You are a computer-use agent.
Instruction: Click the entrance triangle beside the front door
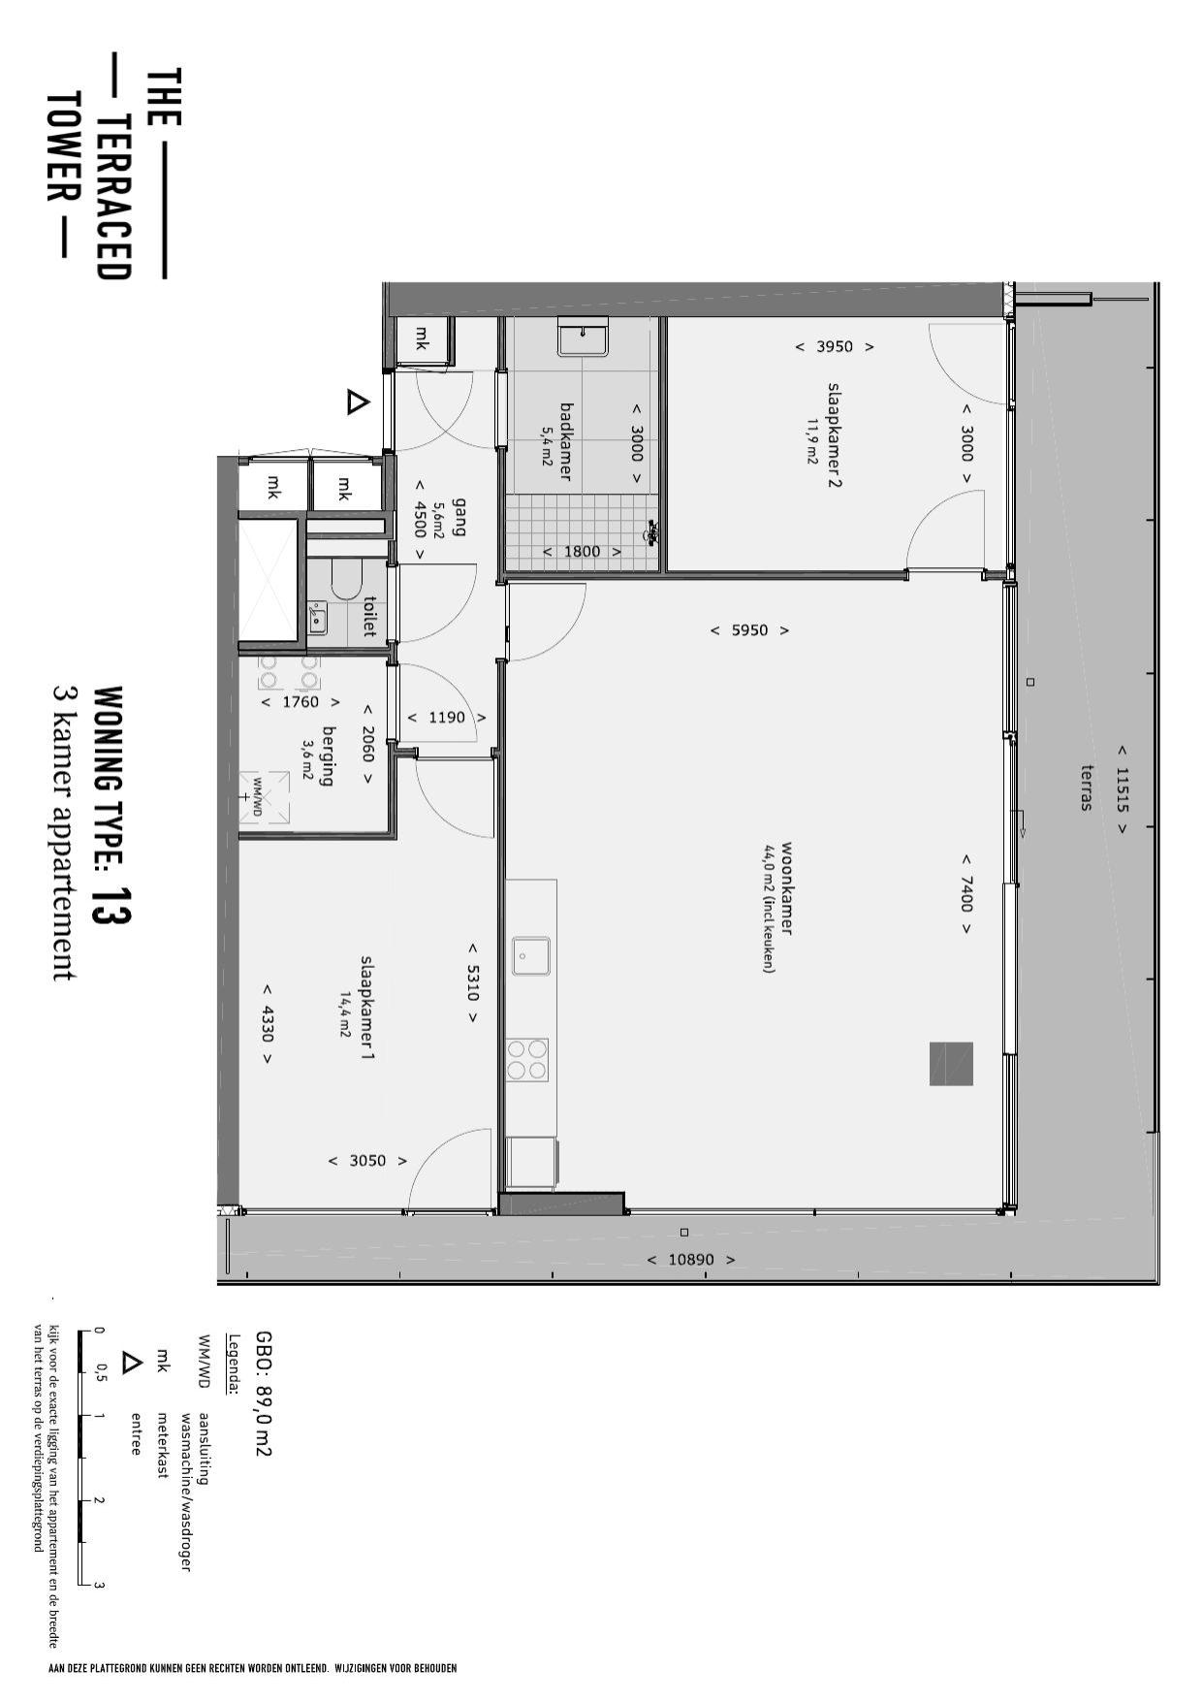click(x=358, y=402)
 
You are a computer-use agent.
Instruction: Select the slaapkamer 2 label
click(x=834, y=434)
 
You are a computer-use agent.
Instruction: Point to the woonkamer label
click(x=786, y=887)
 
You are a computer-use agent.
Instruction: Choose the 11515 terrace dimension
click(x=1123, y=789)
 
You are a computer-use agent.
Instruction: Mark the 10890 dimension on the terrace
click(x=691, y=1260)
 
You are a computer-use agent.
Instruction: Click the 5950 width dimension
click(x=749, y=630)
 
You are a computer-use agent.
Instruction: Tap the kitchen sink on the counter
click(x=531, y=955)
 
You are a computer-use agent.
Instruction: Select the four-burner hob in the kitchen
click(x=527, y=1059)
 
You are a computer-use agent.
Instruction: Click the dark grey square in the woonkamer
click(x=951, y=1064)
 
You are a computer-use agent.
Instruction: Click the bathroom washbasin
click(x=583, y=340)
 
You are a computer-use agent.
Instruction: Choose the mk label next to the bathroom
click(x=422, y=338)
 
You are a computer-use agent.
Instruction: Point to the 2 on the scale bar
click(x=99, y=1499)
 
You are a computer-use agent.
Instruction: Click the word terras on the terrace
click(x=1088, y=787)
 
